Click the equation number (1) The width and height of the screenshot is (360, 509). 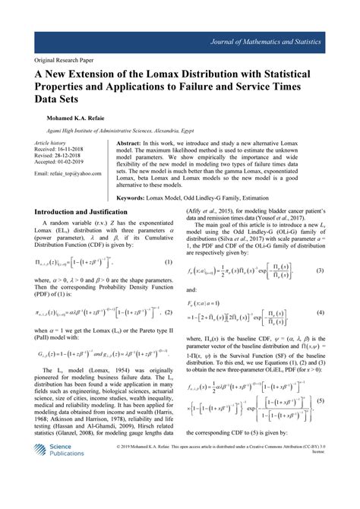[169, 261]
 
